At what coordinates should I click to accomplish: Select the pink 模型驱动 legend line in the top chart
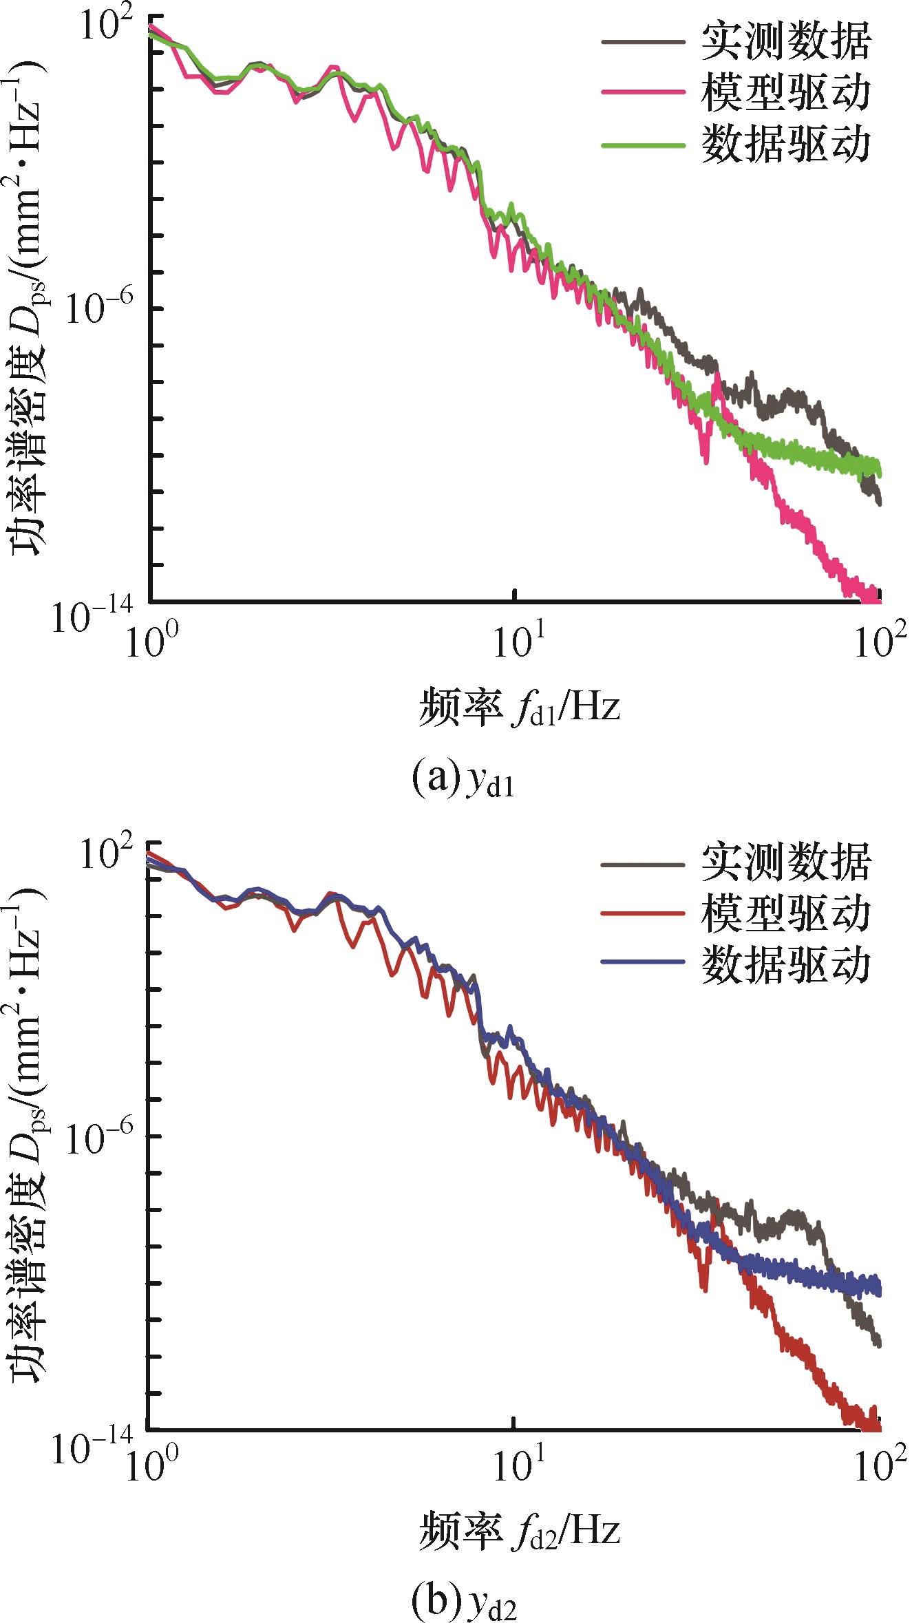(x=644, y=92)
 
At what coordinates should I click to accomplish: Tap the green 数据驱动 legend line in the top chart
(x=644, y=145)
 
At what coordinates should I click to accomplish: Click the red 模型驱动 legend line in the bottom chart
(x=644, y=913)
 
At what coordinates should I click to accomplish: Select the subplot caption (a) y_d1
(x=463, y=780)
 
